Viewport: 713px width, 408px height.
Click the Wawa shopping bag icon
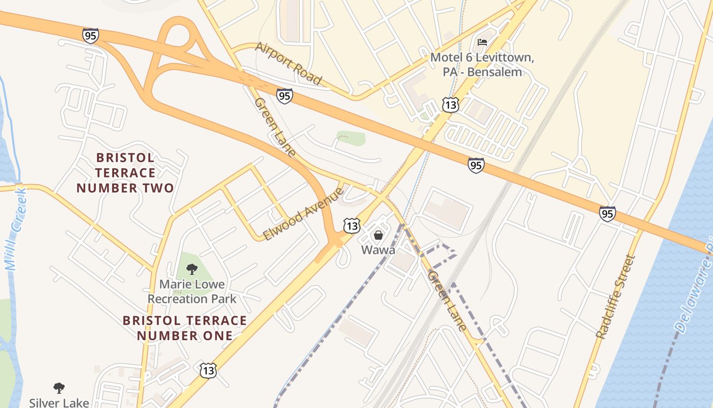(378, 235)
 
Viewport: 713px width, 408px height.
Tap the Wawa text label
(378, 250)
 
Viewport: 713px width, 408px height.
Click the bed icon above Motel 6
(482, 42)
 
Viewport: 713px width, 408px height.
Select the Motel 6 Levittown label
(482, 65)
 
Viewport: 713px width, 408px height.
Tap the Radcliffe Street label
(616, 297)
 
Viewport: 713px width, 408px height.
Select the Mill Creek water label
(16, 229)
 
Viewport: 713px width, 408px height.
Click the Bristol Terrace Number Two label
(125, 173)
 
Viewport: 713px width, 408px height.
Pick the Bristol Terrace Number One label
(185, 328)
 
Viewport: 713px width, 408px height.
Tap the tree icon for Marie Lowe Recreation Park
(192, 269)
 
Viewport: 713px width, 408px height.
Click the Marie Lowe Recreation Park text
(192, 291)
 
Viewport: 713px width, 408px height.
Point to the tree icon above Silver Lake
(59, 388)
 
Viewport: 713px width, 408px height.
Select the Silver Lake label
(59, 402)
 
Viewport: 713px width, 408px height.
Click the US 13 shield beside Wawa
(352, 225)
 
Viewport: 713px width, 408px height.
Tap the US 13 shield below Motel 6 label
(451, 105)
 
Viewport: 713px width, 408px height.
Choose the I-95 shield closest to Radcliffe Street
(607, 214)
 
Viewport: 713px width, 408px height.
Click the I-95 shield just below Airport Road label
(285, 96)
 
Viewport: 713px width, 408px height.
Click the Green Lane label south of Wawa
(447, 301)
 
